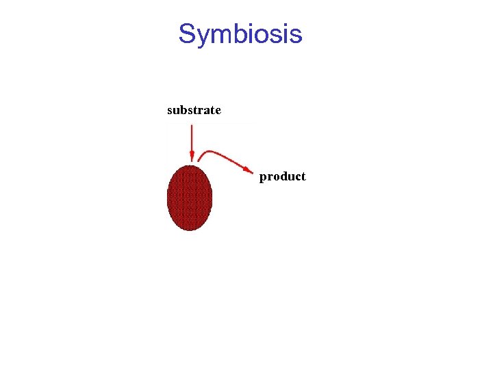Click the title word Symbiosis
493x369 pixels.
coord(240,33)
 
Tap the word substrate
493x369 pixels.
coord(194,110)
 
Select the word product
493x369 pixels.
coord(282,176)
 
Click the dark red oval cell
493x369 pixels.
coord(190,198)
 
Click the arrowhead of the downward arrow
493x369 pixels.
coord(192,156)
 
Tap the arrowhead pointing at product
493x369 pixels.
coord(249,168)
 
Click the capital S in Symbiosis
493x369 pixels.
coord(187,33)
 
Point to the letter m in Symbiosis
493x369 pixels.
coord(220,34)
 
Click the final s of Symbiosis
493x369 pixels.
coord(296,34)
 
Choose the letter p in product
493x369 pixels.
coord(264,178)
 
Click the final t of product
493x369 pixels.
coord(303,176)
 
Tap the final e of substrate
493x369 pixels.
coord(217,111)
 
